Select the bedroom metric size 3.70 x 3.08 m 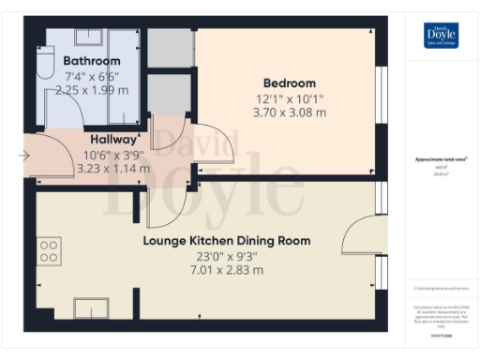(290, 112)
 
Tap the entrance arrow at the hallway (23, 155)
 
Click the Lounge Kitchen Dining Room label (226, 241)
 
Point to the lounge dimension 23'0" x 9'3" (226, 256)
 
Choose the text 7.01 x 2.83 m (226, 270)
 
